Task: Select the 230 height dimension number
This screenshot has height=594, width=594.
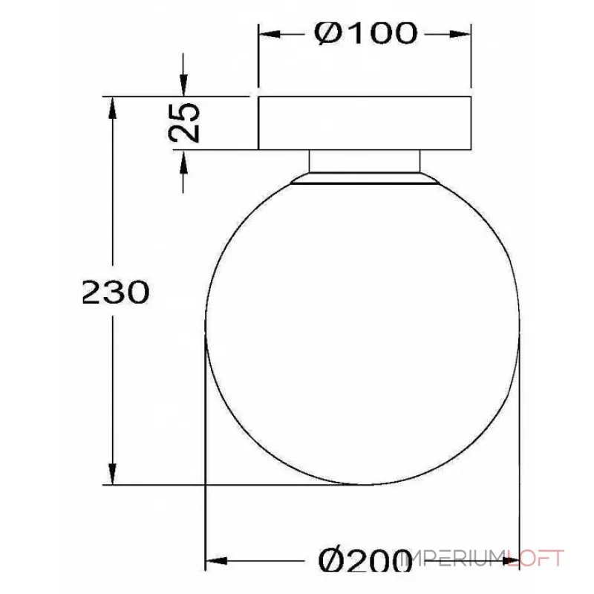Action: [x=115, y=293]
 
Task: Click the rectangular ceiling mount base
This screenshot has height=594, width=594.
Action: [x=365, y=123]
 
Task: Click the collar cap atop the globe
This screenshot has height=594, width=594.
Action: [x=365, y=179]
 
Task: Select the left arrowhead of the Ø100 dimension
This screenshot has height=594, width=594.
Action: [x=267, y=34]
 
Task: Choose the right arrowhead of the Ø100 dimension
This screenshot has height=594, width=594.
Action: [x=463, y=34]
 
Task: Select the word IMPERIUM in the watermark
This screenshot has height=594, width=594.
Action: [x=454, y=558]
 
